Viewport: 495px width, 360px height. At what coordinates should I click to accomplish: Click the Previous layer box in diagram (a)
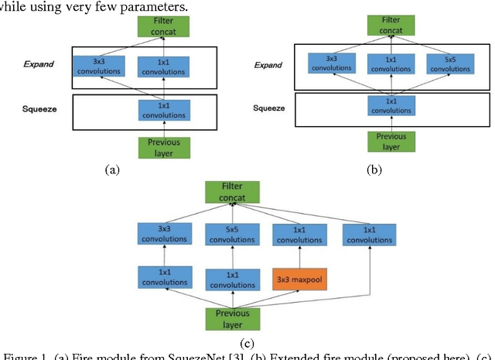164,148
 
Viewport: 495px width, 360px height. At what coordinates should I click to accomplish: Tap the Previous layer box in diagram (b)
391,142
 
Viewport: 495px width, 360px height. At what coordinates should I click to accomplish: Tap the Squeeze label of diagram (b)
270,108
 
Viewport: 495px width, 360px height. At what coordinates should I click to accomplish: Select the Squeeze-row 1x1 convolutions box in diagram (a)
164,111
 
